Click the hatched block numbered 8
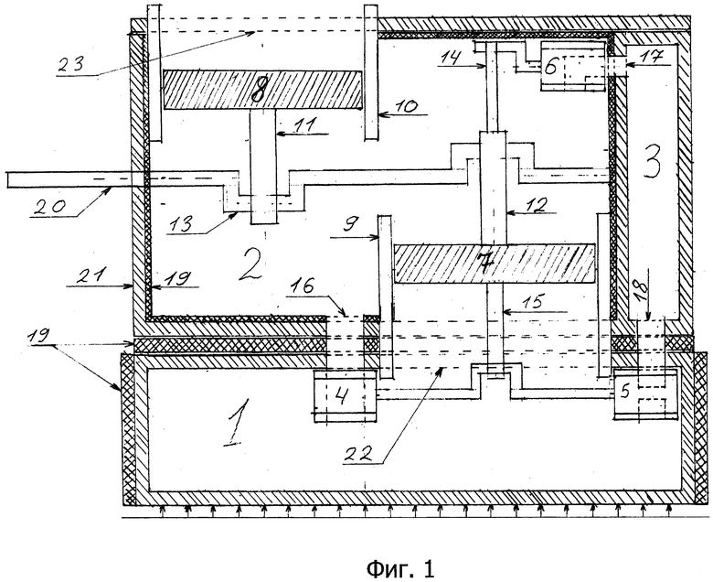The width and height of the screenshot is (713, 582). coord(262,89)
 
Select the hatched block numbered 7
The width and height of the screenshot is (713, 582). coord(495,264)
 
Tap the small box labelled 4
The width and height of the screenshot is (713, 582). coord(345,395)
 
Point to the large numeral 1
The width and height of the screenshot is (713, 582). coord(238,421)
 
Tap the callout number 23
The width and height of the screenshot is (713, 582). coord(70,64)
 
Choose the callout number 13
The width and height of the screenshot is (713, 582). coord(179,223)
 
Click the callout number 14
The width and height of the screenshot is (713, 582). coord(451,57)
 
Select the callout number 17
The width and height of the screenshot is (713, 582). coord(653,56)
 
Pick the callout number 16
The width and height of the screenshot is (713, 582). coord(303,286)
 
